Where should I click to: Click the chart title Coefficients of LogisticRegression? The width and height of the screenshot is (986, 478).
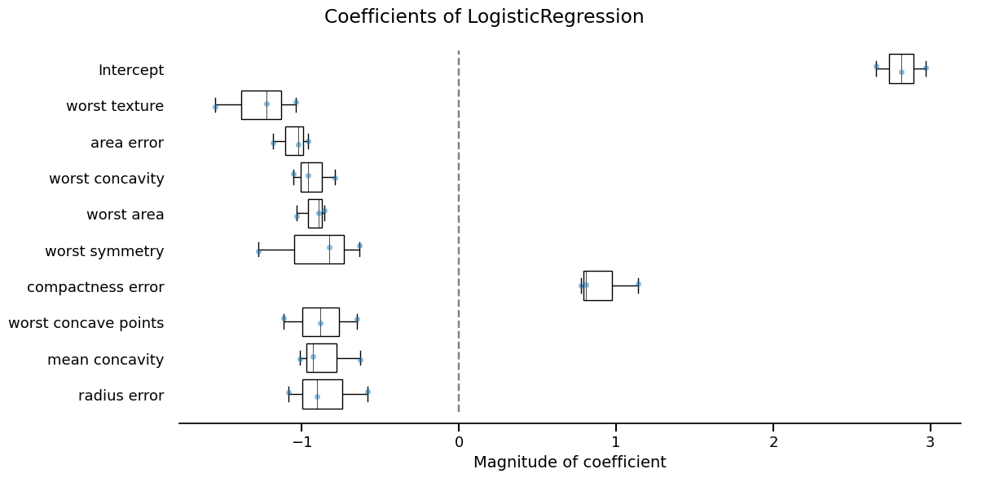click(484, 17)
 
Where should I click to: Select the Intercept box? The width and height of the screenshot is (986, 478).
click(900, 69)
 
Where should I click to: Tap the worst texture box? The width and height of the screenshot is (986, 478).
click(261, 104)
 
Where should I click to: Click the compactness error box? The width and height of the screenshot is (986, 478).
click(597, 285)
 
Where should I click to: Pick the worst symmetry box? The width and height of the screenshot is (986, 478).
click(319, 249)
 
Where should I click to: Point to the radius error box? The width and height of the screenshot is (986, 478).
click(322, 394)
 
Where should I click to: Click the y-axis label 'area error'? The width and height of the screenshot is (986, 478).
click(127, 143)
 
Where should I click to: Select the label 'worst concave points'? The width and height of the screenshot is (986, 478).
click(86, 323)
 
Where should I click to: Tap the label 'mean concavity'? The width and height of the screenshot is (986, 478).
click(105, 359)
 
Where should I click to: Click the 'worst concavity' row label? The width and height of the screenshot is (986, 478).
click(106, 179)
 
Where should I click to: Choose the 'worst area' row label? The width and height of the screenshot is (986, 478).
click(125, 215)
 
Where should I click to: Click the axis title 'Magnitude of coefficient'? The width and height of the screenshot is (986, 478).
click(570, 463)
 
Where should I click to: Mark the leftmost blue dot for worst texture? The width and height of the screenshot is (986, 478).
click(215, 107)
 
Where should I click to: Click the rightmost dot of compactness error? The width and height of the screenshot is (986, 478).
click(638, 284)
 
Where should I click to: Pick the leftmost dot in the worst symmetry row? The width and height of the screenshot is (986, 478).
click(258, 251)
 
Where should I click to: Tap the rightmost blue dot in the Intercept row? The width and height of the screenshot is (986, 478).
click(926, 68)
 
